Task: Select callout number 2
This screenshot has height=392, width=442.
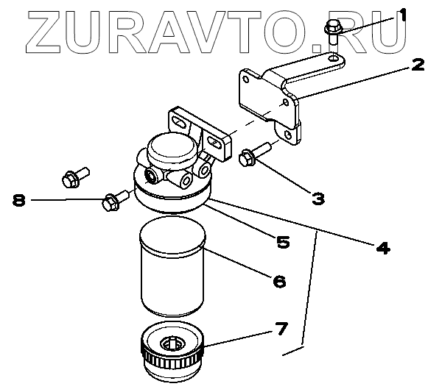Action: [x=418, y=65]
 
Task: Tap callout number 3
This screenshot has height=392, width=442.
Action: [x=318, y=197]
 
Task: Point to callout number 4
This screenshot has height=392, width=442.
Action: [x=382, y=248]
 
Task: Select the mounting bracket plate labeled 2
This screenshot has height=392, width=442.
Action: [x=265, y=96]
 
